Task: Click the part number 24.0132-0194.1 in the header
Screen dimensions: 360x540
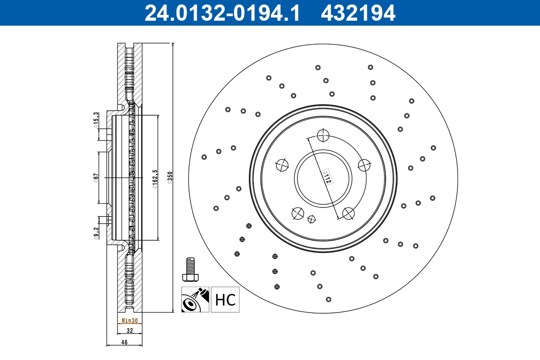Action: point(221,13)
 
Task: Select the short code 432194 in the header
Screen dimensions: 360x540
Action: point(358,13)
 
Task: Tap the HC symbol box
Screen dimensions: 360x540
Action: point(225,300)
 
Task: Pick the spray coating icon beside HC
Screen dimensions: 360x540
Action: point(195,300)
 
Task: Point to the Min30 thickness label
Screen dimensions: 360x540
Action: point(130,321)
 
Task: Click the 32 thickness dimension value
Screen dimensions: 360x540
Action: point(130,330)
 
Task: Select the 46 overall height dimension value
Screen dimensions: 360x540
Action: point(125,342)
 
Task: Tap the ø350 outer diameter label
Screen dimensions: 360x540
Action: point(170,178)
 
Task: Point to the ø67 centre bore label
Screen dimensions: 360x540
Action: point(96,178)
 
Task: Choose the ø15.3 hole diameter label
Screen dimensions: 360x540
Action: point(96,120)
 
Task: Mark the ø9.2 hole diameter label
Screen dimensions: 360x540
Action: point(96,234)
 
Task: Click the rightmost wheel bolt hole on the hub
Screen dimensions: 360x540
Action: point(364,165)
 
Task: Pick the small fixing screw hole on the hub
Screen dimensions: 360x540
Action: point(311,219)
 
